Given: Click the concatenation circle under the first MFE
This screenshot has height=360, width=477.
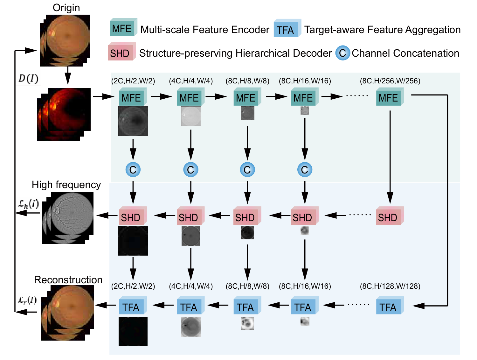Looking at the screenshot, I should (x=133, y=170).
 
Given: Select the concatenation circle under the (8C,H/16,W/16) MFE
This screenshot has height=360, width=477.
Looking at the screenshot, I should (x=305, y=170).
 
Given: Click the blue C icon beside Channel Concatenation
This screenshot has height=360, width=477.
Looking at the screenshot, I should (x=342, y=53).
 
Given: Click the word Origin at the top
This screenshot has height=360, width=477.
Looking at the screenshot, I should (x=66, y=8).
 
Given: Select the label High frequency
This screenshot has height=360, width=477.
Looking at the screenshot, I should (x=66, y=185).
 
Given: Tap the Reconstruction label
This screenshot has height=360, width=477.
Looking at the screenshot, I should (x=68, y=280).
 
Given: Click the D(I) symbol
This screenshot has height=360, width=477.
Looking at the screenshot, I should (x=28, y=78).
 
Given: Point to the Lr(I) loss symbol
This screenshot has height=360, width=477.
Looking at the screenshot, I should (x=27, y=300).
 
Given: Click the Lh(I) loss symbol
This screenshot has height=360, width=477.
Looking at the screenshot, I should (x=29, y=204).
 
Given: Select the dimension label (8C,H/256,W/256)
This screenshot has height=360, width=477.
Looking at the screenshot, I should (x=390, y=81).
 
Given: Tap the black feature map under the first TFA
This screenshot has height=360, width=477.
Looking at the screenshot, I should (x=133, y=331).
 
